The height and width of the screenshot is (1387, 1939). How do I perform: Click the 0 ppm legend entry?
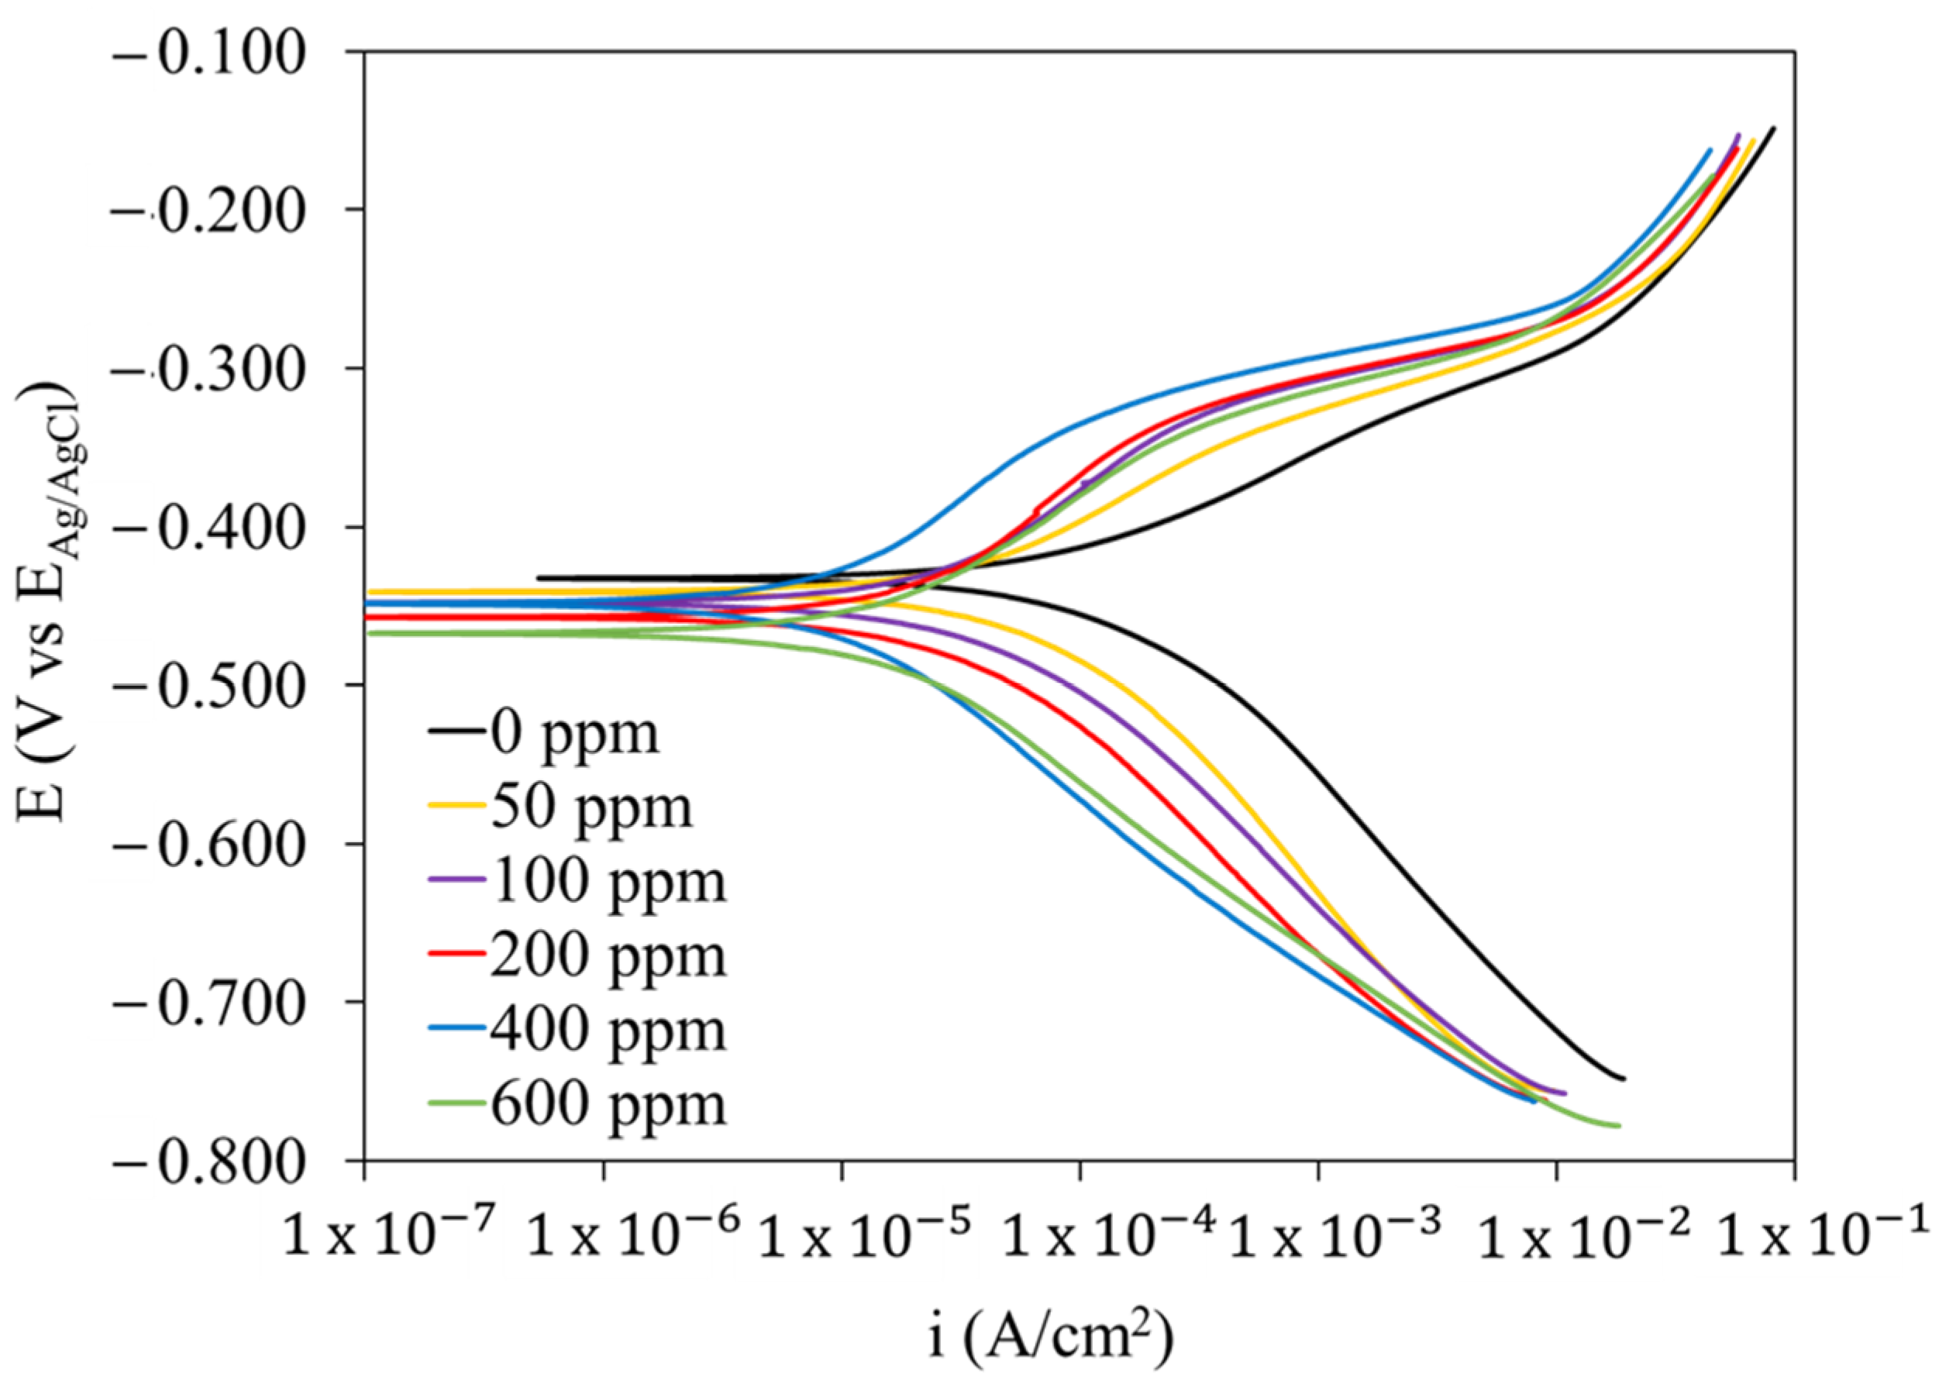tap(575, 732)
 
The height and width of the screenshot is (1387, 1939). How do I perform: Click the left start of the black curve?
tap(538, 578)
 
